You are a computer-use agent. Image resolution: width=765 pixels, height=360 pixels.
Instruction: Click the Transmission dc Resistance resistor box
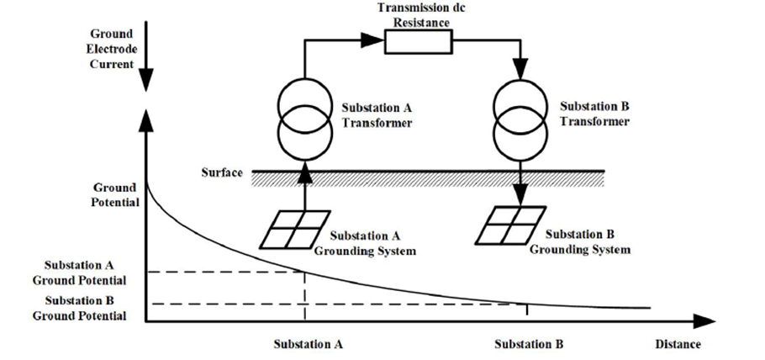coord(419,41)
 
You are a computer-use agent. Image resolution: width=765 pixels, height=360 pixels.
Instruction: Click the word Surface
coord(222,172)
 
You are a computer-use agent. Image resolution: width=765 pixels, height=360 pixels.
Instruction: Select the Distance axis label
coord(677,344)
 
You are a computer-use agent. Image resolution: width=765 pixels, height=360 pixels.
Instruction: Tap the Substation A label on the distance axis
coord(308,344)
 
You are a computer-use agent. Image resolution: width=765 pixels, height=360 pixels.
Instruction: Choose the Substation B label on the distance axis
coord(529,344)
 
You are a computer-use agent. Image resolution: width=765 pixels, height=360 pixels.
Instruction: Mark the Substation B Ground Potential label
coord(80,308)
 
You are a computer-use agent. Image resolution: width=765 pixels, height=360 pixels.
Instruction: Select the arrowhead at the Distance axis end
coord(706,320)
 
